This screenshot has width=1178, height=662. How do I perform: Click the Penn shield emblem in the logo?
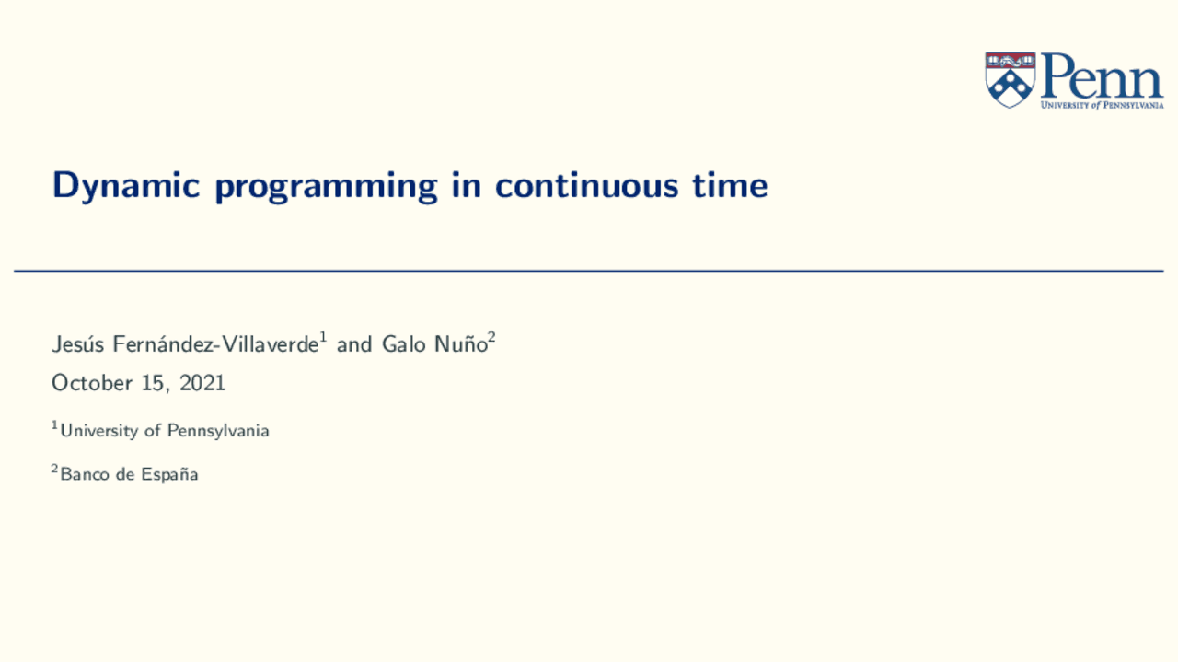(x=1010, y=79)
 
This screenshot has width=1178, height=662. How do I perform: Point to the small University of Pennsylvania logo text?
(x=1102, y=105)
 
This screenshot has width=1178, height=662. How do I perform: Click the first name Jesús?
(x=78, y=345)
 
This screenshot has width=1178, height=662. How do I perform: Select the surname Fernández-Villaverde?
(x=214, y=345)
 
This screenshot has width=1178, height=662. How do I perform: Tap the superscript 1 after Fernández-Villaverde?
(x=323, y=338)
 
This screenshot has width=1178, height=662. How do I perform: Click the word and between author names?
(x=354, y=345)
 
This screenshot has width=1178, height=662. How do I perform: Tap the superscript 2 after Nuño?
(x=492, y=338)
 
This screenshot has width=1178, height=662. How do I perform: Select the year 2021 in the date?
(x=202, y=383)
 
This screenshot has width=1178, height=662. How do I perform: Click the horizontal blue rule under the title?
(x=589, y=271)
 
